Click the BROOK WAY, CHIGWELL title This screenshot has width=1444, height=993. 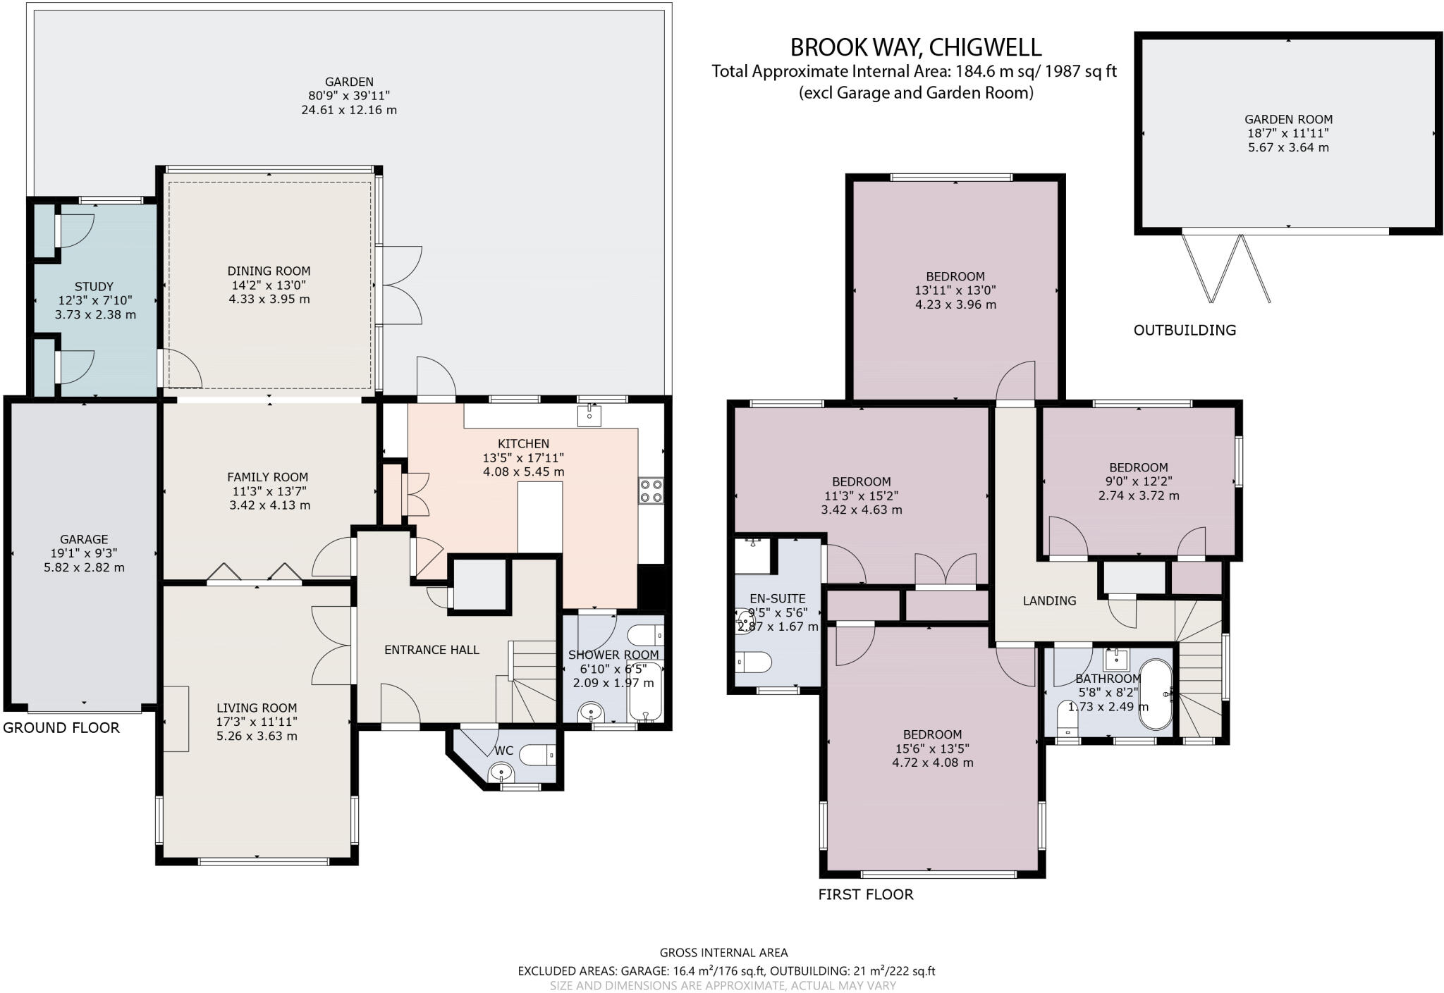pyautogui.click(x=915, y=47)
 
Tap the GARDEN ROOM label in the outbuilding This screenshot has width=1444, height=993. pyautogui.click(x=1288, y=119)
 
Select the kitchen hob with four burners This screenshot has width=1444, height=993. pyautogui.click(x=651, y=491)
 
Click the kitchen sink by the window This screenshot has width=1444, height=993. pyautogui.click(x=589, y=416)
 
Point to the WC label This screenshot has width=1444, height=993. pyautogui.click(x=503, y=751)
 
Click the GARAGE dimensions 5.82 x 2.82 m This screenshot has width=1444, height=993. pyautogui.click(x=84, y=567)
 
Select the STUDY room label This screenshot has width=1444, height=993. pyautogui.click(x=94, y=287)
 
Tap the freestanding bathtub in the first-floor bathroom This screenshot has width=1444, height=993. pyautogui.click(x=1156, y=694)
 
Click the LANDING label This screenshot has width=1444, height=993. pyautogui.click(x=1049, y=600)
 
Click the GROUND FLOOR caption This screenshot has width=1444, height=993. pyautogui.click(x=61, y=728)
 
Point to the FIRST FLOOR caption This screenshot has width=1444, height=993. pyautogui.click(x=865, y=894)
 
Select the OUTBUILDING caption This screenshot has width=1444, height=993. pyautogui.click(x=1185, y=330)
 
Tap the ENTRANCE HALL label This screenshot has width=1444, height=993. pyautogui.click(x=432, y=650)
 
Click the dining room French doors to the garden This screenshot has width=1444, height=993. pyautogui.click(x=400, y=285)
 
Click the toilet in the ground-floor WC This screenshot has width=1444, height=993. pyautogui.click(x=539, y=756)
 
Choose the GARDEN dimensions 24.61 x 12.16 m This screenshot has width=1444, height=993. pyautogui.click(x=349, y=110)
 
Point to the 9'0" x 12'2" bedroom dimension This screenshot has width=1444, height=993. pyautogui.click(x=1138, y=481)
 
